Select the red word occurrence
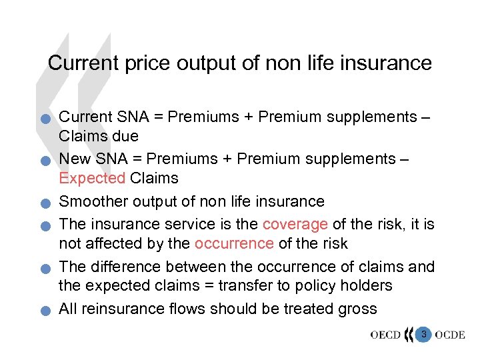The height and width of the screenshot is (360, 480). tap(234, 243)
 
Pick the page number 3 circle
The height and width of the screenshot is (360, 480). tap(423, 333)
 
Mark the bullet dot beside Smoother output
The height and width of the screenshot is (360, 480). tap(43, 204)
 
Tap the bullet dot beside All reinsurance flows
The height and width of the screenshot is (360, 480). tap(43, 311)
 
